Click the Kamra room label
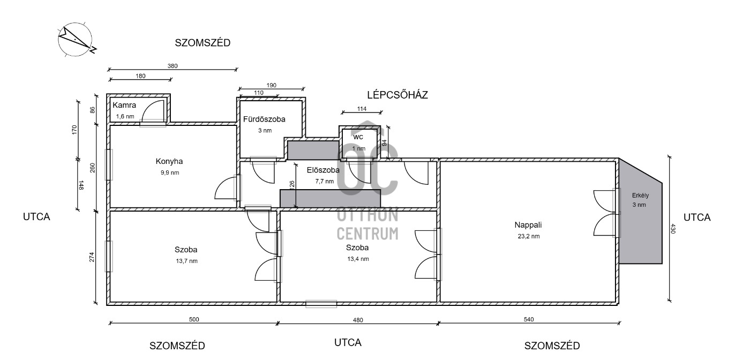pyautogui.click(x=124, y=105)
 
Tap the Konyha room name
pyautogui.click(x=169, y=161)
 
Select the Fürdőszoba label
pyautogui.click(x=264, y=119)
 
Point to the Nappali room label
pyautogui.click(x=528, y=225)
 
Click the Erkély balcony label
pyautogui.click(x=640, y=195)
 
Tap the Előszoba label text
pyautogui.click(x=323, y=170)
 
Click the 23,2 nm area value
pyautogui.click(x=529, y=236)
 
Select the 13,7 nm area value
pyautogui.click(x=187, y=261)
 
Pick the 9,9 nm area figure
pyautogui.click(x=170, y=172)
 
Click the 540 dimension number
pyautogui.click(x=529, y=319)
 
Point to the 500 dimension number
pyautogui.click(x=194, y=319)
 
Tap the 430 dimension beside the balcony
pyautogui.click(x=673, y=228)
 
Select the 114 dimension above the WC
pyautogui.click(x=362, y=109)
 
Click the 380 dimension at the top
pyautogui.click(x=172, y=66)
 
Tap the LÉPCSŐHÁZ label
pyautogui.click(x=397, y=95)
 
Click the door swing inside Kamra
pyautogui.click(x=153, y=111)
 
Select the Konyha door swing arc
pyautogui.click(x=226, y=188)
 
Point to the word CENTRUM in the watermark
pyautogui.click(x=367, y=234)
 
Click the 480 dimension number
pyautogui.click(x=358, y=320)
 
